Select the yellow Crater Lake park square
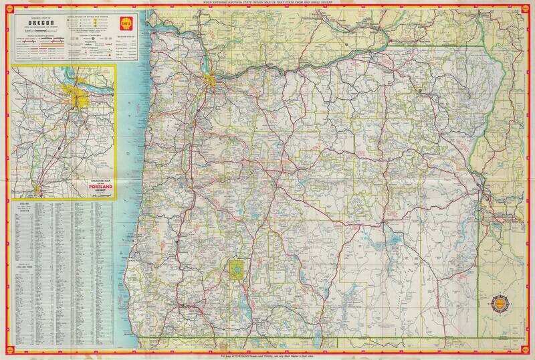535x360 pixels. (237, 270)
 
